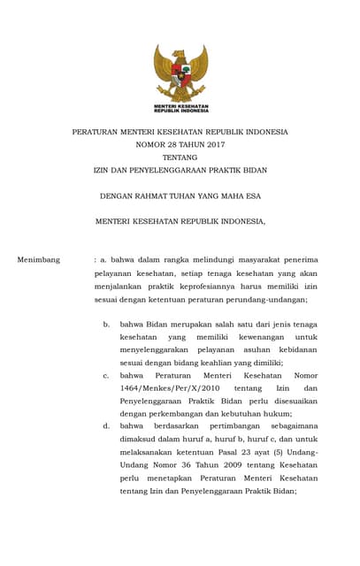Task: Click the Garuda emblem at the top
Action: tap(180, 74)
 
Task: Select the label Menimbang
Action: tap(39, 260)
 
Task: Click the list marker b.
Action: tap(106, 324)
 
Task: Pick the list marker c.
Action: tap(106, 375)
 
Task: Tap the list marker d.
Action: tap(106, 426)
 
